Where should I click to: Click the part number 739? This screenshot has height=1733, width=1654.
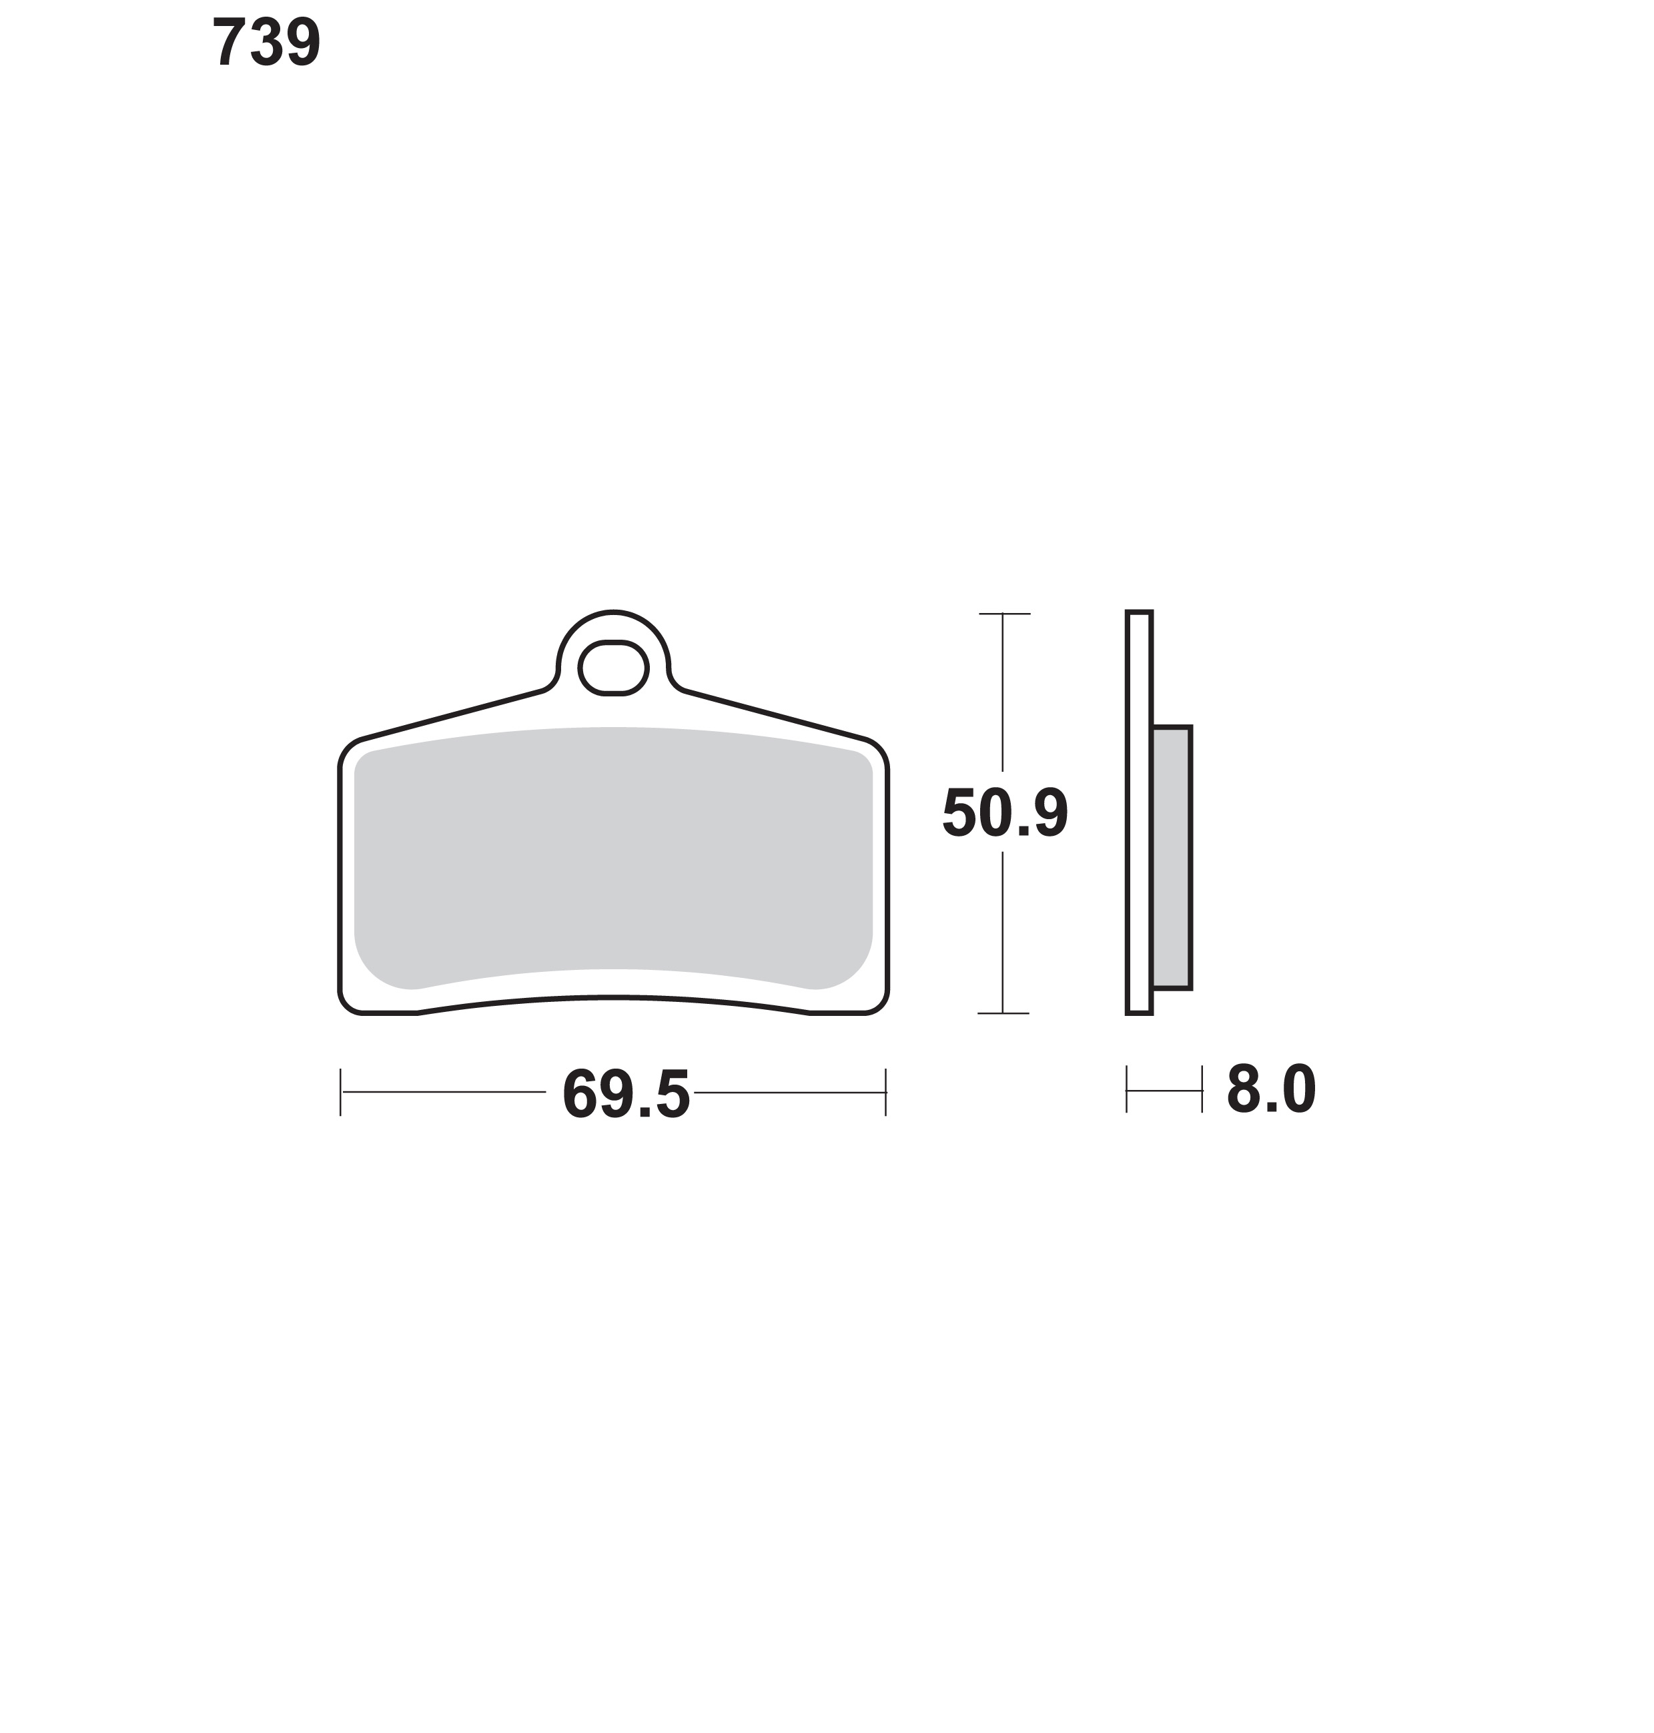click(x=266, y=42)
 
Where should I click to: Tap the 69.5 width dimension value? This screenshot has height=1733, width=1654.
click(x=626, y=1094)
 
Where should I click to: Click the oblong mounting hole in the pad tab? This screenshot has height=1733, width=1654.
click(x=614, y=668)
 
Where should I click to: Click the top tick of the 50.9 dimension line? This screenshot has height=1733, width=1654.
click(x=1004, y=614)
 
